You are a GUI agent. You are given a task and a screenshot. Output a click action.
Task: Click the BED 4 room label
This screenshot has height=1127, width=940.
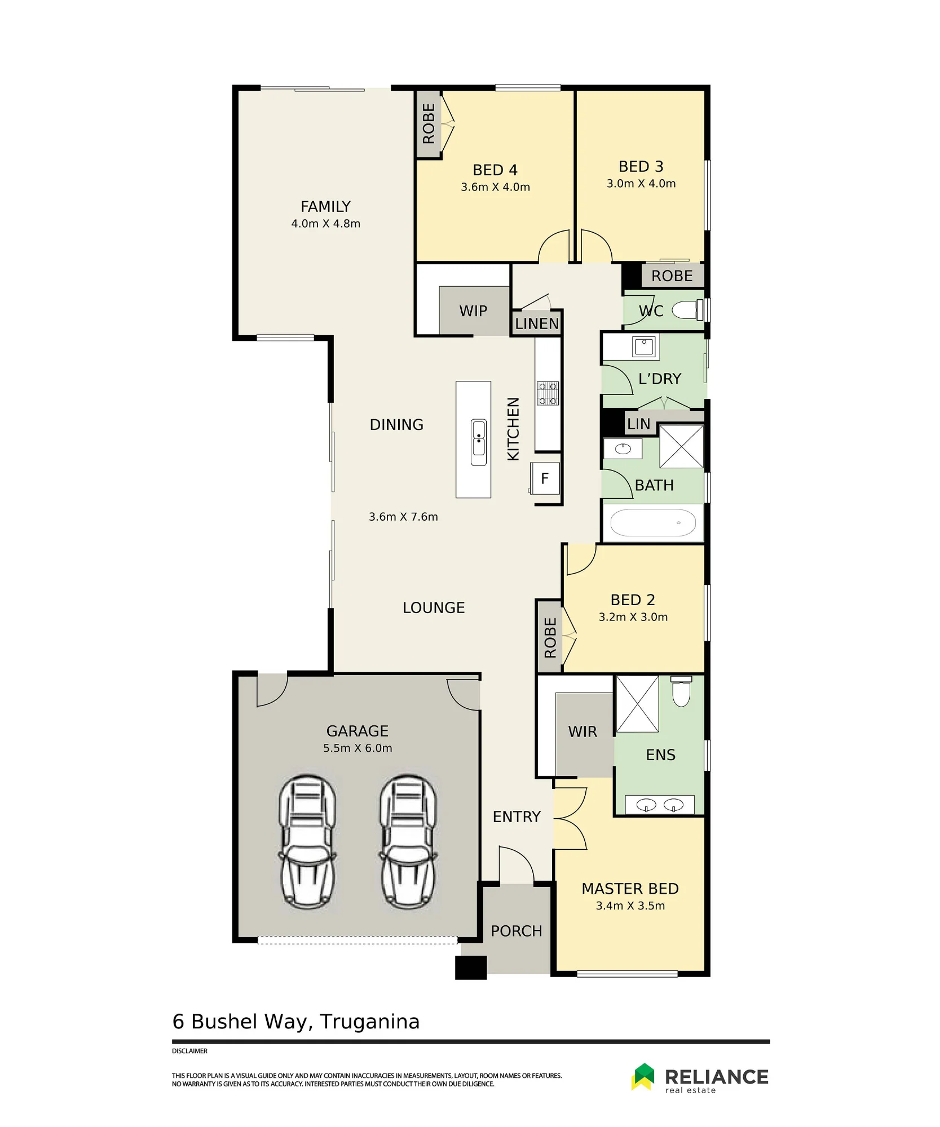tap(495, 170)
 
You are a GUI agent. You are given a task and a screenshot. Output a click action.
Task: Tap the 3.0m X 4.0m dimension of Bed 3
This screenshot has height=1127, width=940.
tap(641, 184)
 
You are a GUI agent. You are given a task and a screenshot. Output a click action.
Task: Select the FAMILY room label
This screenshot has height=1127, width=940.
tap(325, 206)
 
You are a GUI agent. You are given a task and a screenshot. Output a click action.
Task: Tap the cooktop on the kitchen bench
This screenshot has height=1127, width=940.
tap(548, 393)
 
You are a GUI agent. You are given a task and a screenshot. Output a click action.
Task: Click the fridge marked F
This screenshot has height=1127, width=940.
tap(545, 478)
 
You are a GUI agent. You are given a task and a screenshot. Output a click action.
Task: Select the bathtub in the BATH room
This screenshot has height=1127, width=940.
tap(653, 523)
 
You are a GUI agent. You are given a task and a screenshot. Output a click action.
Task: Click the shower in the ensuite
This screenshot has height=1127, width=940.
tap(637, 704)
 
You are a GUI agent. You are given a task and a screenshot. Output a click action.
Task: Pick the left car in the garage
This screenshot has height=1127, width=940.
tap(308, 842)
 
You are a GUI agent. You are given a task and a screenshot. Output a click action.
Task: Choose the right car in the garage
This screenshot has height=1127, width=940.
tap(408, 842)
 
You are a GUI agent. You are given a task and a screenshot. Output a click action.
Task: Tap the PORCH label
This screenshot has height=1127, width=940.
tap(516, 931)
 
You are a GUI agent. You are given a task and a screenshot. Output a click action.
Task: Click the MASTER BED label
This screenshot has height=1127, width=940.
tap(630, 889)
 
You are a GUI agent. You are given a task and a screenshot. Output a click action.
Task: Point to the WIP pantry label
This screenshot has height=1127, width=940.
tap(473, 311)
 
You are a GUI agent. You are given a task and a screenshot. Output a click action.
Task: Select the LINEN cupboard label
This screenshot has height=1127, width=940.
tap(537, 324)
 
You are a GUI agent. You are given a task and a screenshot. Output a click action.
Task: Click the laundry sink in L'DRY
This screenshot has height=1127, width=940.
tap(644, 346)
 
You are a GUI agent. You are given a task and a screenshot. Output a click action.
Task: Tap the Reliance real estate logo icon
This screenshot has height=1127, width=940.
tap(643, 1076)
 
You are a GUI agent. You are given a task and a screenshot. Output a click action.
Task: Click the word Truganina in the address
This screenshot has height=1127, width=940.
tap(370, 1022)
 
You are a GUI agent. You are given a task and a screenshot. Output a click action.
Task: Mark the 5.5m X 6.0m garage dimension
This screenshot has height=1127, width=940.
tap(358, 748)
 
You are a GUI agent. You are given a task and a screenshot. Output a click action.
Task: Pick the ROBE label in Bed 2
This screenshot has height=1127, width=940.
tap(550, 637)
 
